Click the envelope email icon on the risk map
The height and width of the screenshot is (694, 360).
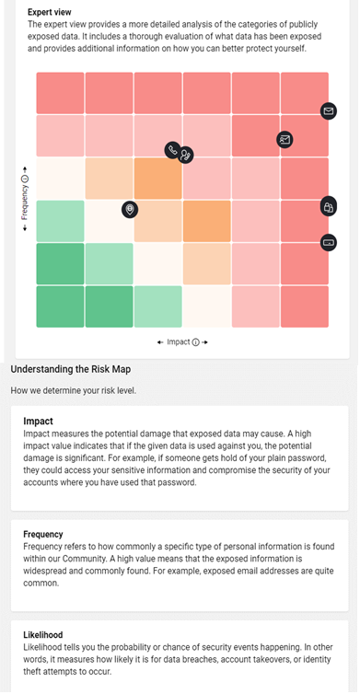click(328, 110)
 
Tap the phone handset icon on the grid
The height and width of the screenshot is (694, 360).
click(173, 150)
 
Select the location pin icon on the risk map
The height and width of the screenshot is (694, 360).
click(130, 209)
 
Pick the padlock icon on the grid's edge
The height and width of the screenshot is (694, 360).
click(328, 207)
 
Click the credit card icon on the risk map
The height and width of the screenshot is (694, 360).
click(328, 242)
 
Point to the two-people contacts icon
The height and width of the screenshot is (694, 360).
click(186, 155)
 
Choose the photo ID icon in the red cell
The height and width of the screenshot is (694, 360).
click(285, 140)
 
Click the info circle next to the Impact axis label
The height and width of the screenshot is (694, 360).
click(196, 342)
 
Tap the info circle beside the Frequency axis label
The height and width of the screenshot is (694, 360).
click(25, 179)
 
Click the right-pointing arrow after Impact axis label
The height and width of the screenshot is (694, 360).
click(204, 342)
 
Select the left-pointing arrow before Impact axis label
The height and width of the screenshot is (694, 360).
click(160, 342)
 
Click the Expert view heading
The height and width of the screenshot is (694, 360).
click(49, 12)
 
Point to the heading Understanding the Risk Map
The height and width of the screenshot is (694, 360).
click(70, 369)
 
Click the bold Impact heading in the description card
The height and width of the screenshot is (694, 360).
click(38, 421)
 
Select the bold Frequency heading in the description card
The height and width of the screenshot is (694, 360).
click(43, 534)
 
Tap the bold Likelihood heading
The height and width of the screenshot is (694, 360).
click(43, 635)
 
